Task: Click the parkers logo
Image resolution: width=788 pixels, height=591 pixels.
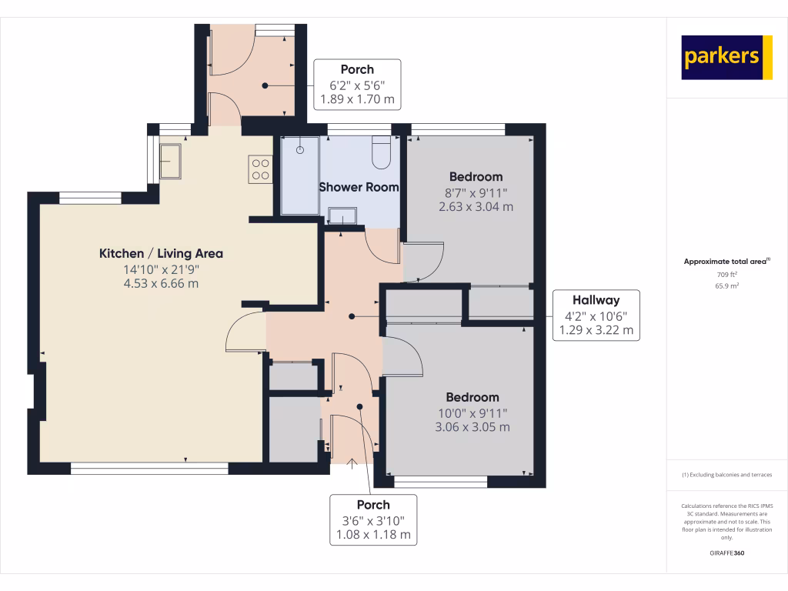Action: pyautogui.click(x=726, y=57)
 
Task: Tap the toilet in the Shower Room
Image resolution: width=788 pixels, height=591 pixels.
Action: pyautogui.click(x=382, y=153)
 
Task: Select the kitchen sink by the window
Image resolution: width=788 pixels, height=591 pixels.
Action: pyautogui.click(x=170, y=160)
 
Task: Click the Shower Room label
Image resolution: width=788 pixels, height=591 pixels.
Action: pyautogui.click(x=359, y=187)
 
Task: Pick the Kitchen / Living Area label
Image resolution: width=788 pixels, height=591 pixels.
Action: pyautogui.click(x=161, y=253)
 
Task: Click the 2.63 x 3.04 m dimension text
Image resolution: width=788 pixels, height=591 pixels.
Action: pyautogui.click(x=476, y=206)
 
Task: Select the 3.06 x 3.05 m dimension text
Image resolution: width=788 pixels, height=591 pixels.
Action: pyautogui.click(x=472, y=427)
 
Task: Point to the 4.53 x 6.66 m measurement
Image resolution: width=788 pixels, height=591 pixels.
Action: pyautogui.click(x=161, y=283)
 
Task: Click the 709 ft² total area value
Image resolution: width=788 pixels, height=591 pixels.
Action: pyautogui.click(x=726, y=275)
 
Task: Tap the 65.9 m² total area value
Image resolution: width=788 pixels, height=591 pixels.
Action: pyautogui.click(x=726, y=285)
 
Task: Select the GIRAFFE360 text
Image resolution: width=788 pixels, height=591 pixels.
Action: pyautogui.click(x=726, y=553)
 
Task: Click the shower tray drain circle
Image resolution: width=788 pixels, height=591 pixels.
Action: pyautogui.click(x=300, y=150)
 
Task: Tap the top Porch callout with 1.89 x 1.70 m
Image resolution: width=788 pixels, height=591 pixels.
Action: pyautogui.click(x=357, y=85)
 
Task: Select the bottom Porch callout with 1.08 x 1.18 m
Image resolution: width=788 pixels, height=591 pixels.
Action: pyautogui.click(x=373, y=519)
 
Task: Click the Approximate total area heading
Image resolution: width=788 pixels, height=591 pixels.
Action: pyautogui.click(x=726, y=262)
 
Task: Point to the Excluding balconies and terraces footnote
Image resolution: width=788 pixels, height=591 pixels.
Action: pyautogui.click(x=726, y=475)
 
